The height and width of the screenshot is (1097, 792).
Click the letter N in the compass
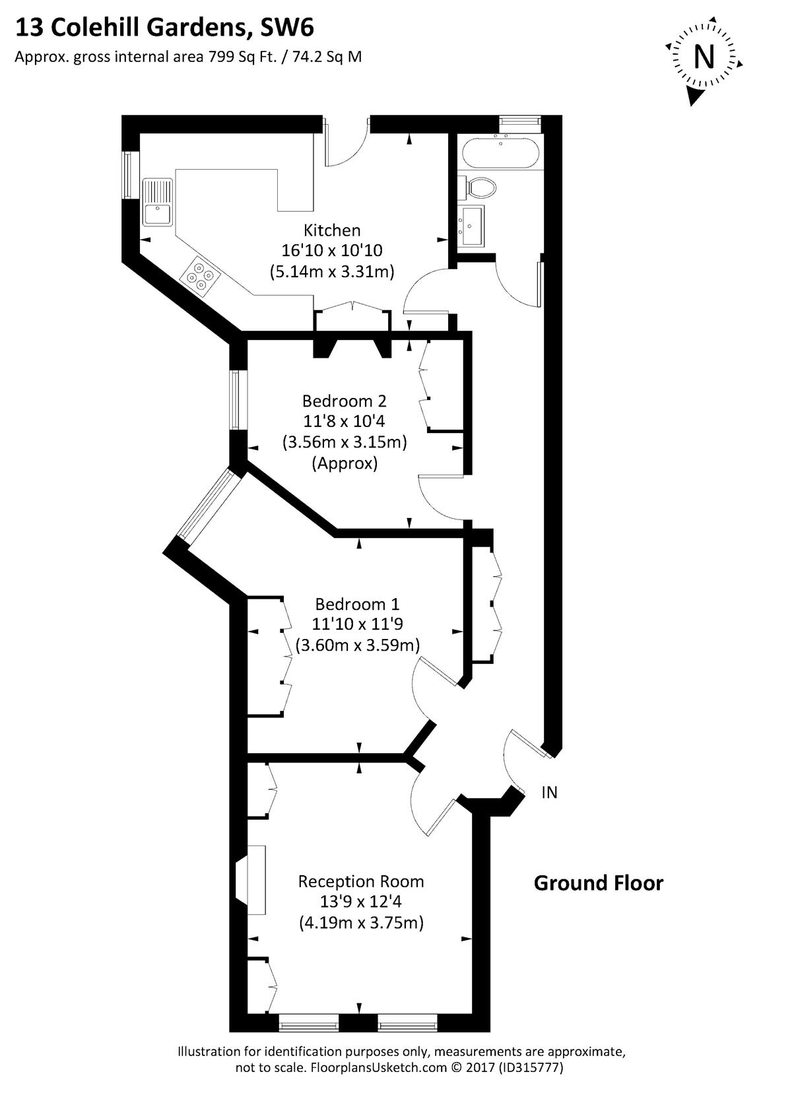(x=704, y=57)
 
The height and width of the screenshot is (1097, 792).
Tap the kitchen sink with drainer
(x=157, y=202)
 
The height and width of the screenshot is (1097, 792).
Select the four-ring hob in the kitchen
(x=200, y=276)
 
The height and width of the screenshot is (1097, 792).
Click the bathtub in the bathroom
(x=500, y=152)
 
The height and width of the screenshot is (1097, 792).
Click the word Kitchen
(x=332, y=230)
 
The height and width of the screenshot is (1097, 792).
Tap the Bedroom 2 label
(x=345, y=401)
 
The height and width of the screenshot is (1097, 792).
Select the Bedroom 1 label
(x=358, y=604)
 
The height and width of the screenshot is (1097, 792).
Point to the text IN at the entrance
(x=550, y=792)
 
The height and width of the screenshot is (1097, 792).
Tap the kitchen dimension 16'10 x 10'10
(x=332, y=250)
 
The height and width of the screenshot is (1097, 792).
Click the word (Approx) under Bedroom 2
(x=345, y=463)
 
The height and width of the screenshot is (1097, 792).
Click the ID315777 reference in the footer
(x=531, y=1077)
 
